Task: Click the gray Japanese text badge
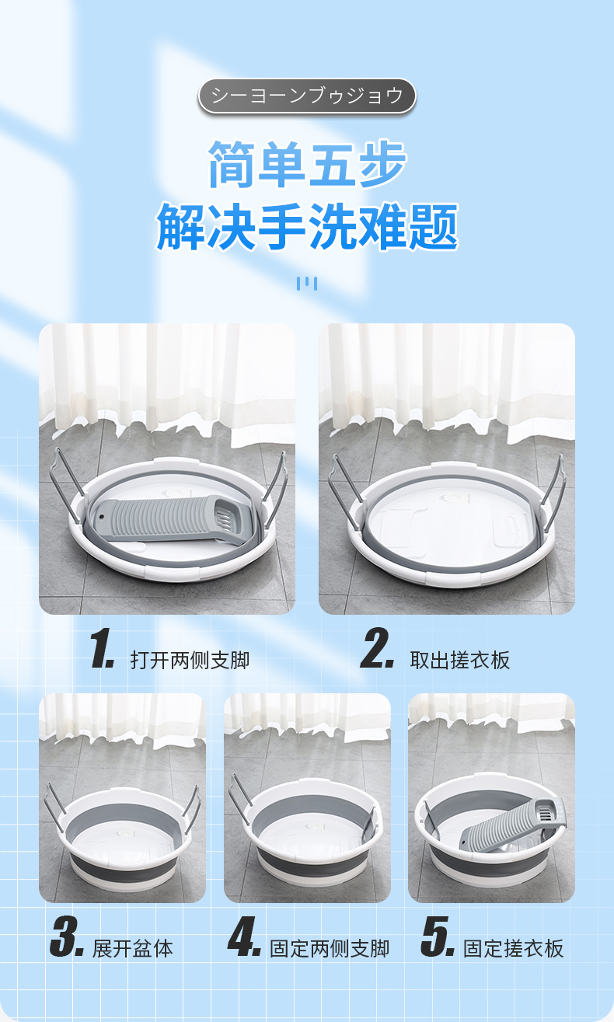tap(307, 96)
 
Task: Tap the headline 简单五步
tap(307, 164)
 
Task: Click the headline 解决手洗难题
tap(307, 227)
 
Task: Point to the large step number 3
tap(67, 937)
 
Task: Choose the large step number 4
tap(245, 937)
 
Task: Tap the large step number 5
tap(438, 937)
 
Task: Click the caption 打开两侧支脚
tap(190, 660)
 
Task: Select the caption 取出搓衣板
tap(460, 660)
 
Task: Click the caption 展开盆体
tap(133, 948)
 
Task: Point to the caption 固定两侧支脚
tap(330, 948)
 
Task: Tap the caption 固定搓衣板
tap(513, 948)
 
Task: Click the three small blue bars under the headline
tap(307, 284)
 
